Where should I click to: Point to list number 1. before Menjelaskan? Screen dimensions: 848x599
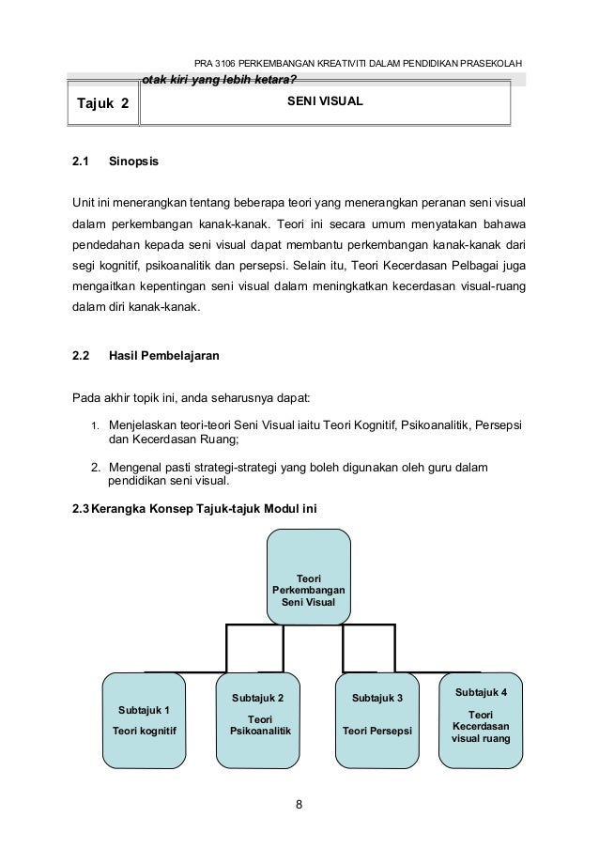coord(95,428)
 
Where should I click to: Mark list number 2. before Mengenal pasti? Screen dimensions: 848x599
coord(95,468)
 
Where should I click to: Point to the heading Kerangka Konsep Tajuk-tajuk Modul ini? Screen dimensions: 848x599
coord(205,508)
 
